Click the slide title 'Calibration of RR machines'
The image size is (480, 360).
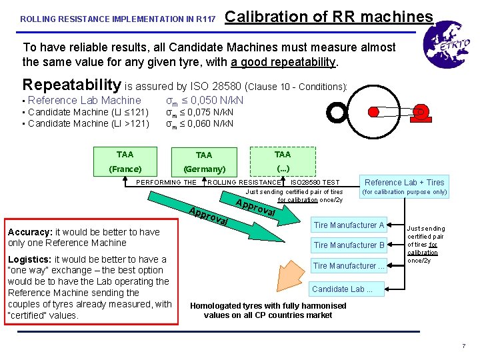(x=329, y=16)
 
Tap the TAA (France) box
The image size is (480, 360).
(x=125, y=162)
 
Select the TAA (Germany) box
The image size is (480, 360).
(x=204, y=162)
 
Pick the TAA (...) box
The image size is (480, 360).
(x=282, y=162)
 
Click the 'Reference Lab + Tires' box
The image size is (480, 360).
(x=405, y=182)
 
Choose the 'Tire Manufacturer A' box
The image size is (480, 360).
(x=349, y=225)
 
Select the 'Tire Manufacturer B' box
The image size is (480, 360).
(x=349, y=245)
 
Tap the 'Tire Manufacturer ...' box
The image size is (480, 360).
(x=349, y=266)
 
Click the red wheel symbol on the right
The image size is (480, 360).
(x=421, y=111)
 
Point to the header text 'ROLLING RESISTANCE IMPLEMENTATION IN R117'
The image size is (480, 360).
(x=118, y=19)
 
